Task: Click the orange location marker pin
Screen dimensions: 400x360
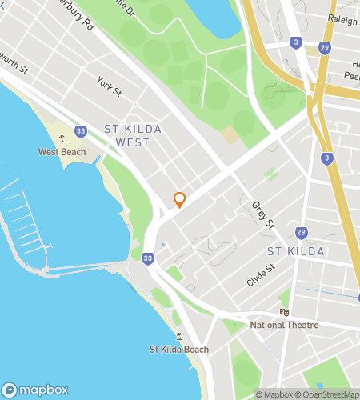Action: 179,200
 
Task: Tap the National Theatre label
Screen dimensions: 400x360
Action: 284,325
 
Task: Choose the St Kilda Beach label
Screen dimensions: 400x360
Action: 179,349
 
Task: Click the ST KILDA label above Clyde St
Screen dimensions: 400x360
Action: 295,251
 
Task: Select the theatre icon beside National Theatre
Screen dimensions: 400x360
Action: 284,312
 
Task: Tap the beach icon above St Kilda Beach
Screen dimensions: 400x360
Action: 178,336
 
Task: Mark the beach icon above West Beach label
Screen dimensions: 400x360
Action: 61,138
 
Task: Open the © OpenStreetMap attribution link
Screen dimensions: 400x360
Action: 328,394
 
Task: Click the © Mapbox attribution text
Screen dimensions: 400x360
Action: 274,394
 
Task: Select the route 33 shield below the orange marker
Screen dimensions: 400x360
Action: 148,258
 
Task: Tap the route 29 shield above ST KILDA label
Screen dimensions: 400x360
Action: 301,232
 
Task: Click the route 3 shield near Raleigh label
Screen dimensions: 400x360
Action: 297,42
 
